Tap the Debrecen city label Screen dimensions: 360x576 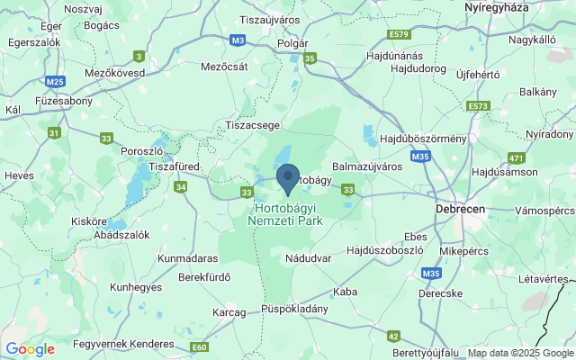[x=459, y=208]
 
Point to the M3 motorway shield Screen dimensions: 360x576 [x=238, y=40]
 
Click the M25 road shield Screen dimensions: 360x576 [x=56, y=82]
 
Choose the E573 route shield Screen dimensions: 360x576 [x=479, y=106]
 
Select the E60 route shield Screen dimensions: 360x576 [x=199, y=346]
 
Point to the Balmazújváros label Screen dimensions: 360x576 [x=367, y=166]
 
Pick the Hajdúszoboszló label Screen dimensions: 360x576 [x=384, y=249]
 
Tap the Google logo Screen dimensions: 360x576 [x=30, y=349]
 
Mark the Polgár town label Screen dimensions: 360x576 [x=292, y=42]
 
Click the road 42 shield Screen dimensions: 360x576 [x=393, y=336]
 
